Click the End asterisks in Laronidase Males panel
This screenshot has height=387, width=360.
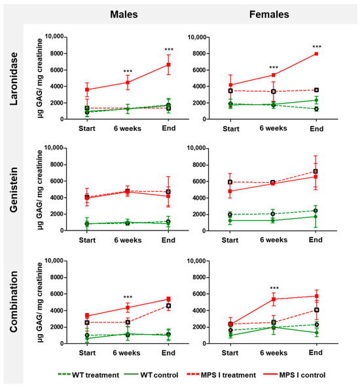[169, 50]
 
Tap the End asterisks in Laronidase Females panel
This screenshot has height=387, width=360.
[317, 46]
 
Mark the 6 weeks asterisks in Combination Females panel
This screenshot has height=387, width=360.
[274, 287]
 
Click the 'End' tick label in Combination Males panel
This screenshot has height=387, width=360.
[169, 353]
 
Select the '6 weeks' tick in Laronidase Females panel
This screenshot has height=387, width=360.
[274, 128]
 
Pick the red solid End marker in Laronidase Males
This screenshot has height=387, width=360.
[169, 65]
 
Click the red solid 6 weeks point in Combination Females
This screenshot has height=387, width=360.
[274, 299]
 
